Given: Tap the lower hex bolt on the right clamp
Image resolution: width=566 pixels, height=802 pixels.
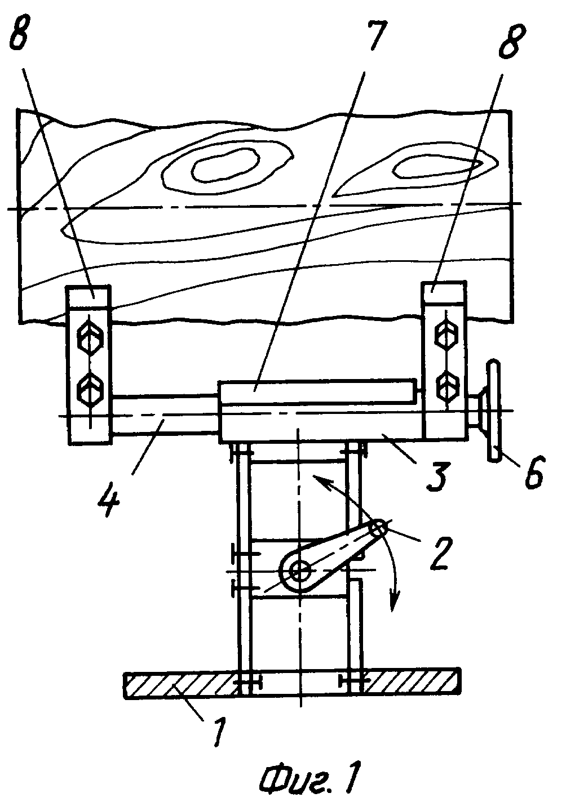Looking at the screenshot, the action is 446,387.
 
